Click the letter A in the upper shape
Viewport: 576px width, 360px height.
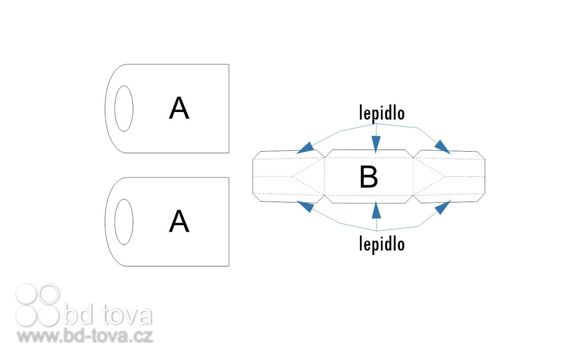[x=179, y=108]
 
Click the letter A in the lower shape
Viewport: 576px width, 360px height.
[x=179, y=221]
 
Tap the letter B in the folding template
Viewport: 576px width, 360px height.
[x=369, y=177]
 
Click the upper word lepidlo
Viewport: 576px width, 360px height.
[x=382, y=113]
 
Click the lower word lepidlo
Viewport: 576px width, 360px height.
[x=382, y=244]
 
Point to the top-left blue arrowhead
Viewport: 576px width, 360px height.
[x=306, y=148]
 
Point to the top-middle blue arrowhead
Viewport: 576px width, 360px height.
[x=376, y=144]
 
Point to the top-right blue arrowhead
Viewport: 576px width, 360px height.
[x=442, y=147]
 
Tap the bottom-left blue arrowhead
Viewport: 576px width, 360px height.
[x=306, y=207]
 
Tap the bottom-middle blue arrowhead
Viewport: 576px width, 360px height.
[x=376, y=210]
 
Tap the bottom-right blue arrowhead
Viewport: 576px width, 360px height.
[x=443, y=207]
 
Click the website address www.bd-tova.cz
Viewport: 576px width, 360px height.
[x=85, y=336]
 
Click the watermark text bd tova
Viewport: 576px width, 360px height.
[x=108, y=315]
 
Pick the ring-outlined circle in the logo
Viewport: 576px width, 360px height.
[x=49, y=294]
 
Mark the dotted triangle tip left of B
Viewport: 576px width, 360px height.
[x=292, y=176]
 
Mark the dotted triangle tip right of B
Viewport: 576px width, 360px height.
[x=445, y=177]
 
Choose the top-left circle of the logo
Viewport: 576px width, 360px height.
[x=26, y=294]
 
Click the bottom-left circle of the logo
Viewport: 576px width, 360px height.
[x=26, y=316]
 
